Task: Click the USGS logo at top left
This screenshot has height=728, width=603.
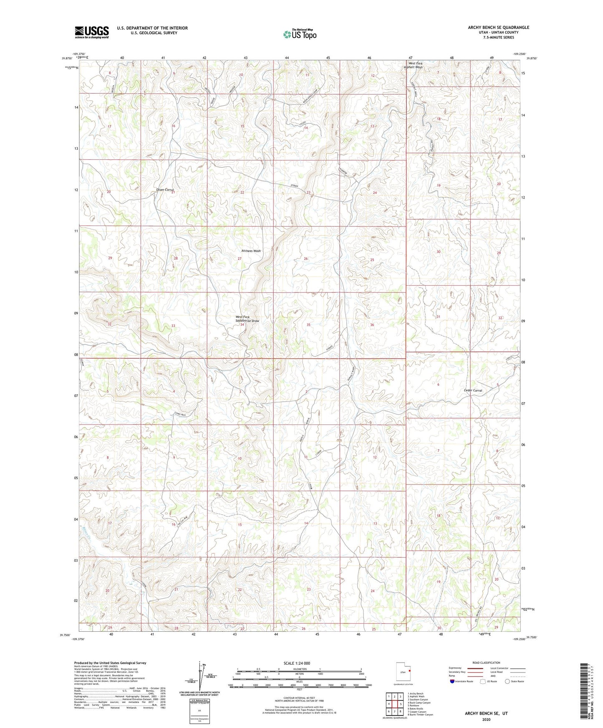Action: (92, 32)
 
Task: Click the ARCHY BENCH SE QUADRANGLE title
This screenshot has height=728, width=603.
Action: (498, 28)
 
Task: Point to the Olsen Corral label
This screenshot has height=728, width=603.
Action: (164, 190)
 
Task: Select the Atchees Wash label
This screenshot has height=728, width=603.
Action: (251, 251)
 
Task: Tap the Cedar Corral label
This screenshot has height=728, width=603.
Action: (473, 391)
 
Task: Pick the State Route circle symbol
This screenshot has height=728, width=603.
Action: (507, 681)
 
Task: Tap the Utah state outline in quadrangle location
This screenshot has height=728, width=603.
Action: (403, 672)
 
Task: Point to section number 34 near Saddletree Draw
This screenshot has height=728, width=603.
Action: (242, 325)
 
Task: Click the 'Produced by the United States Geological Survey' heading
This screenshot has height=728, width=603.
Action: (110, 663)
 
